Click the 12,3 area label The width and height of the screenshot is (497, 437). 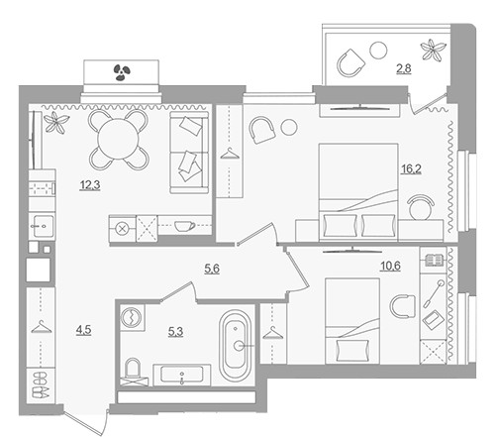tap(90, 185)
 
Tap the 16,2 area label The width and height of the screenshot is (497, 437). tap(411, 169)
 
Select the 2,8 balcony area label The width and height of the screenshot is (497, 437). tap(404, 68)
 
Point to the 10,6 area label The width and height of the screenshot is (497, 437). tap(390, 266)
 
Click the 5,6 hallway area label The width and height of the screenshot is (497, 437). tap(212, 269)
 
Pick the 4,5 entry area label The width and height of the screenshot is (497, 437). tap(83, 330)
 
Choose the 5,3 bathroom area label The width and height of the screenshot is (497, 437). tap(175, 332)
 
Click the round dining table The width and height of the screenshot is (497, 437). tap(119, 140)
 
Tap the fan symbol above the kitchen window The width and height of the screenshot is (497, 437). tap(122, 72)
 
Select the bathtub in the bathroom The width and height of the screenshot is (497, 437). tap(236, 346)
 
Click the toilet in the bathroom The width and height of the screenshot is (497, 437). tap(133, 372)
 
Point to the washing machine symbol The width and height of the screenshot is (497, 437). tap(132, 317)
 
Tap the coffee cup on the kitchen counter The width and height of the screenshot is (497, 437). tap(184, 226)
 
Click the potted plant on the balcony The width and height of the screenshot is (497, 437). tap(433, 50)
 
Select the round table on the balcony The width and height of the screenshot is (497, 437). tap(378, 51)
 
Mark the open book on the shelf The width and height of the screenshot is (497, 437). tap(434, 261)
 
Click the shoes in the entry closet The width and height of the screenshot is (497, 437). tap(41, 384)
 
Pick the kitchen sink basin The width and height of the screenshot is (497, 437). tap(43, 226)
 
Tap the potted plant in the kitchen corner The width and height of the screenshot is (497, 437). tap(56, 123)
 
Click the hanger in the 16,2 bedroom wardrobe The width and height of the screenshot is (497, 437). tap(230, 154)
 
